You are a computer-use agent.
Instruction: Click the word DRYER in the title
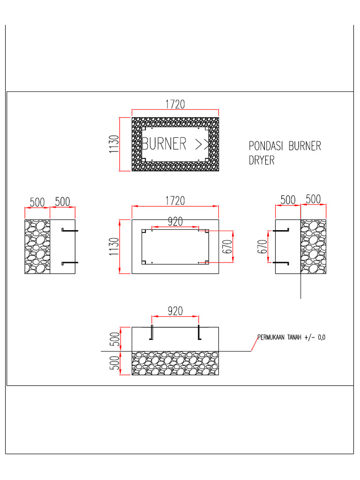pos(261,160)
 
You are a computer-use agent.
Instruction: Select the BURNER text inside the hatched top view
pos(164,143)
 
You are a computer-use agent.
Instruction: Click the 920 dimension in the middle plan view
pos(175,221)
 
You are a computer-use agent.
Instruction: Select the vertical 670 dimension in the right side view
pos(262,247)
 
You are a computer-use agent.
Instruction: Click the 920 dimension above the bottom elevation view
pos(175,310)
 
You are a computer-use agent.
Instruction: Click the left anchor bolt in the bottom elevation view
pos(151,332)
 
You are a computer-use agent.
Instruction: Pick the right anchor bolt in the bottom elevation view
pos(199,332)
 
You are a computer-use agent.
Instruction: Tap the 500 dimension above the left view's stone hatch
pos(37,202)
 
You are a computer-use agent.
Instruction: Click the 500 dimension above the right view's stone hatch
pos(313,199)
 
